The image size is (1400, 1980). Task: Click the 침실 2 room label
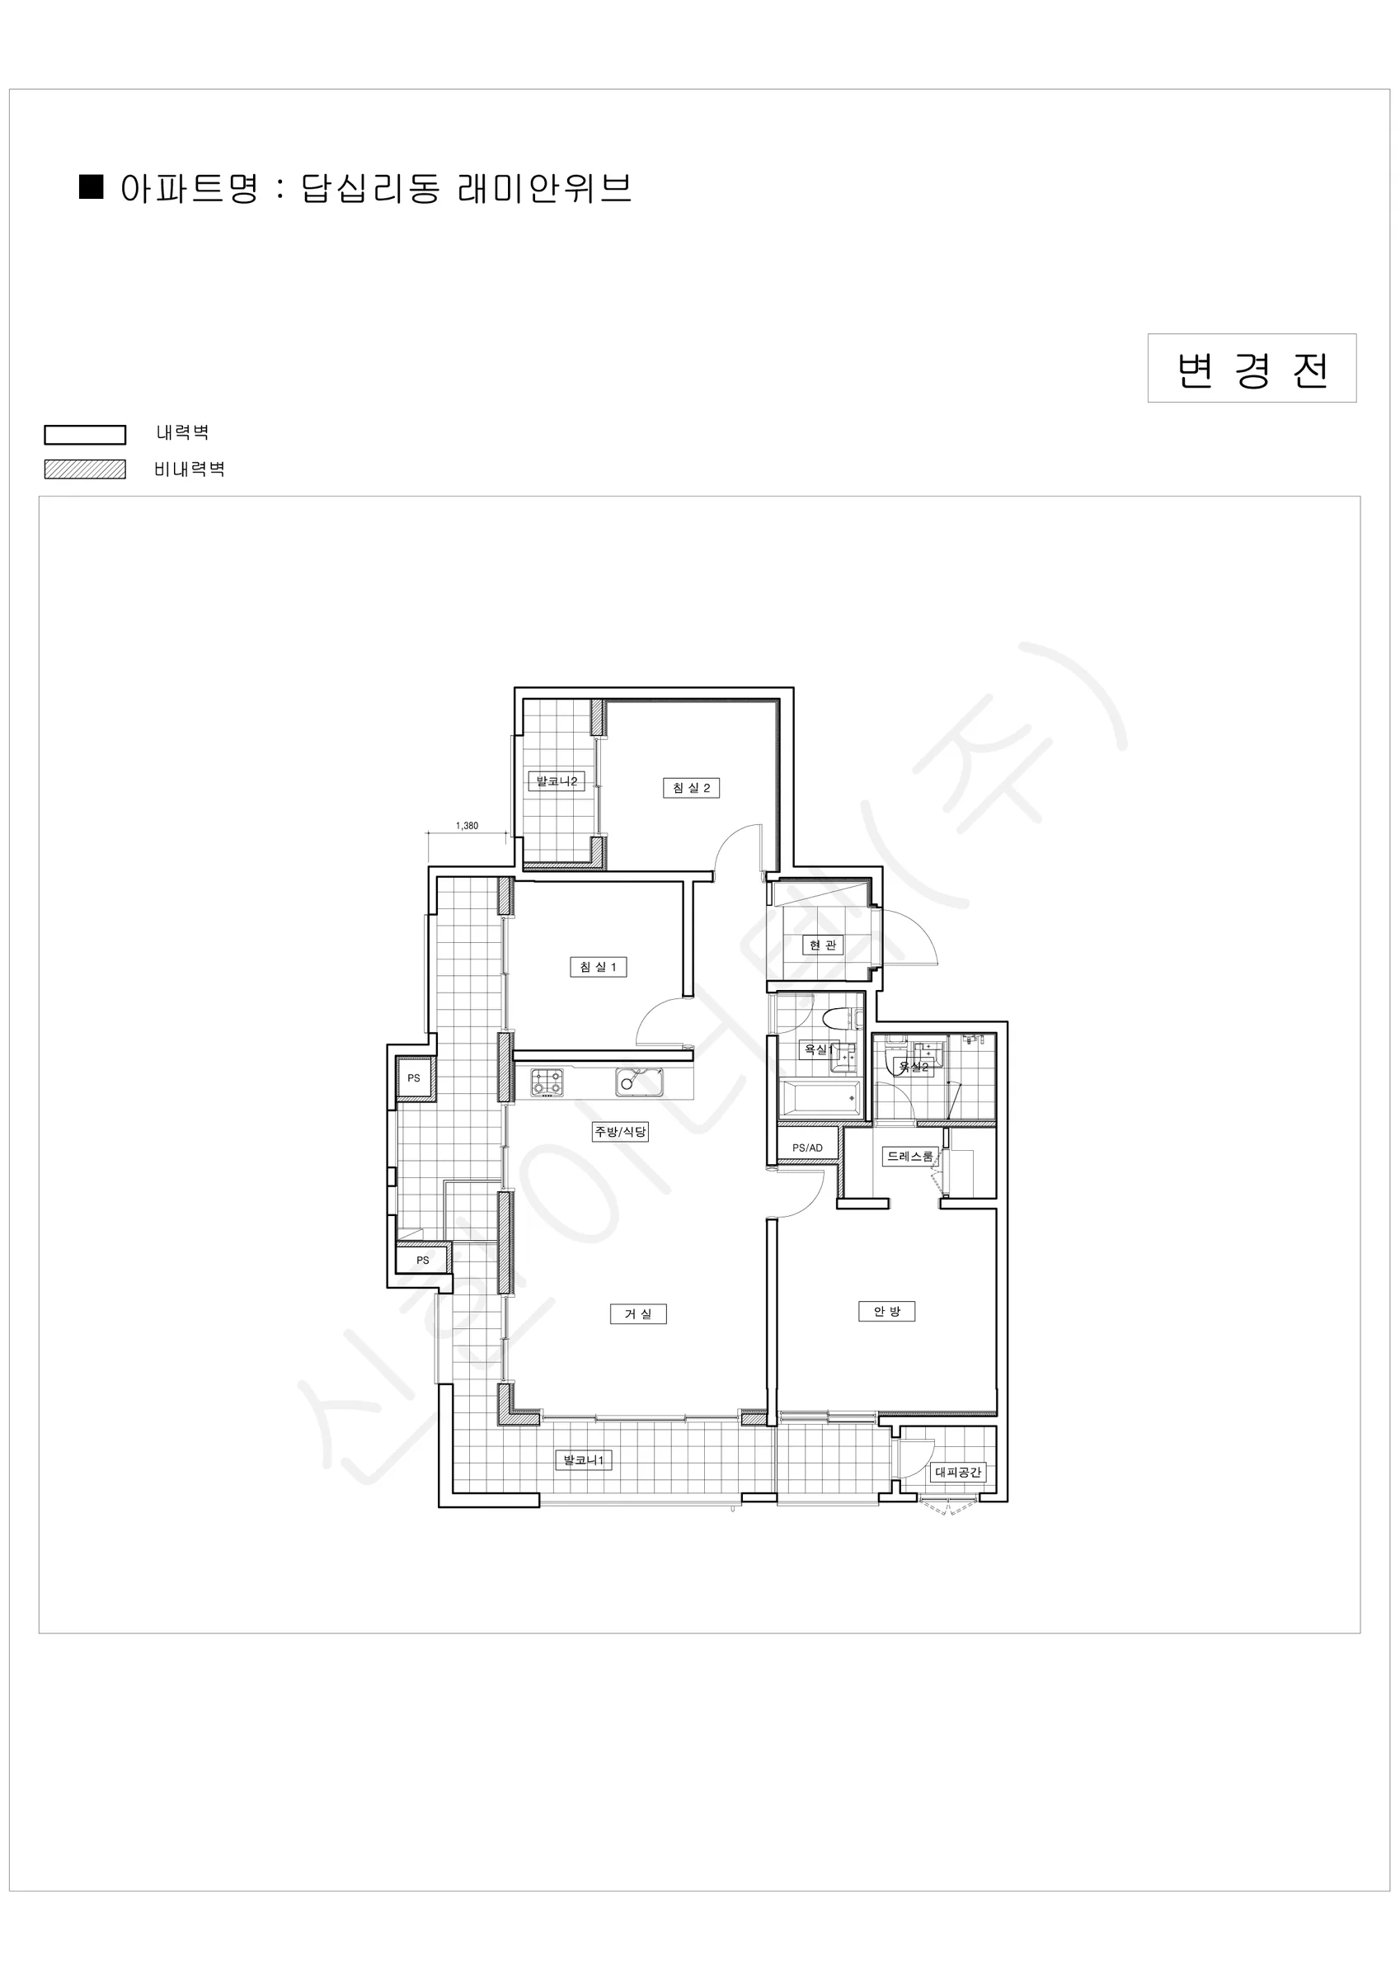click(x=692, y=787)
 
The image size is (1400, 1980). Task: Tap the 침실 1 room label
click(x=599, y=967)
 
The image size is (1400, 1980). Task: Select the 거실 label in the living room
click(x=639, y=1313)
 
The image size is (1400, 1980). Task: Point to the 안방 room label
click(x=887, y=1311)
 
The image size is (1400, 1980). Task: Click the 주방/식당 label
click(x=620, y=1131)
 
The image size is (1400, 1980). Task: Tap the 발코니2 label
click(x=556, y=781)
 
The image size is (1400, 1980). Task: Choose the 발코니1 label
click(x=585, y=1460)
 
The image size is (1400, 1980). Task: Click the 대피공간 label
click(x=959, y=1472)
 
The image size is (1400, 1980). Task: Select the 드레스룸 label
click(x=910, y=1157)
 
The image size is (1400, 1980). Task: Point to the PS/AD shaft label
click(x=808, y=1148)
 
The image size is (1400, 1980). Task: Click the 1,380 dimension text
click(x=467, y=825)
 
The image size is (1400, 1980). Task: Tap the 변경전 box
click(x=1252, y=368)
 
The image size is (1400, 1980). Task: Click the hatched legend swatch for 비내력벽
click(x=86, y=469)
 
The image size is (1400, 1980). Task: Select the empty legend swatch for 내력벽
click(x=86, y=435)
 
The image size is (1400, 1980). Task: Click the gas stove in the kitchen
click(x=547, y=1082)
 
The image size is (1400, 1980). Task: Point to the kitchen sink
click(x=640, y=1082)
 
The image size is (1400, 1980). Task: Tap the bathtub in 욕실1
click(x=820, y=1100)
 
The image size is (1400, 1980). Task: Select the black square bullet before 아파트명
click(x=92, y=186)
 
